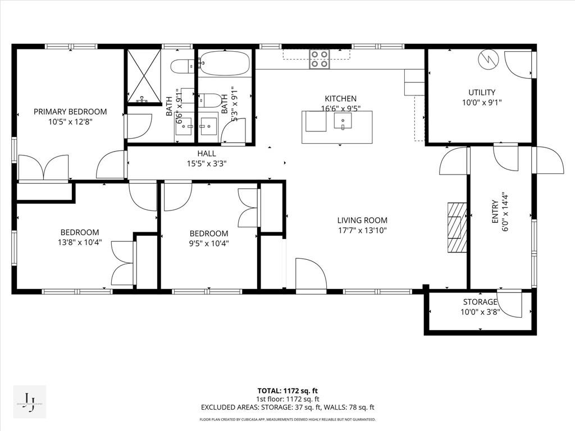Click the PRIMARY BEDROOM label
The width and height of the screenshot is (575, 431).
pyautogui.click(x=70, y=112)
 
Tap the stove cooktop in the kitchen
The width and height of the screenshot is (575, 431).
pyautogui.click(x=320, y=59)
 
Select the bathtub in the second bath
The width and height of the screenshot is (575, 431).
pyautogui.click(x=225, y=63)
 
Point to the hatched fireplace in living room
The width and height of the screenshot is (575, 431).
pyautogui.click(x=457, y=228)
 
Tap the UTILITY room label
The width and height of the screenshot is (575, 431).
pyautogui.click(x=482, y=93)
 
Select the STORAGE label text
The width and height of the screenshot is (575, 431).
pyautogui.click(x=480, y=302)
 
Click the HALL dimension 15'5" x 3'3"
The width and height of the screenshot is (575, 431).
pyautogui.click(x=206, y=164)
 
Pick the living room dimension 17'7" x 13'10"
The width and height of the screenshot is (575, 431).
pyautogui.click(x=362, y=230)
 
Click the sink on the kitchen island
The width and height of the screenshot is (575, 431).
pyautogui.click(x=342, y=121)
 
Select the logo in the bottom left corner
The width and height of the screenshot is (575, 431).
pyautogui.click(x=29, y=402)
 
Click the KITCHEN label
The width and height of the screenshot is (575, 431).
pyautogui.click(x=340, y=99)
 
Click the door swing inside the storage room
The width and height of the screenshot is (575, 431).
pyautogui.click(x=510, y=304)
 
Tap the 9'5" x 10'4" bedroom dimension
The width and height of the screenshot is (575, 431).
pyautogui.click(x=209, y=244)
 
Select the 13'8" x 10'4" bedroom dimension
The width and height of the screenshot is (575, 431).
pyautogui.click(x=80, y=242)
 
